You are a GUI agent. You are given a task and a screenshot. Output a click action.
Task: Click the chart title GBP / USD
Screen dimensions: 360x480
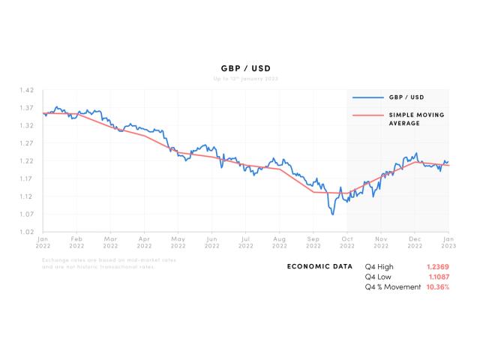(240, 67)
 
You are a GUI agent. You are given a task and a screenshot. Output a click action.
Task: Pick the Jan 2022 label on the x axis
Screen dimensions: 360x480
(43, 241)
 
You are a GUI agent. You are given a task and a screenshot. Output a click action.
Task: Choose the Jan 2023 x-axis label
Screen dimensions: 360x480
(448, 241)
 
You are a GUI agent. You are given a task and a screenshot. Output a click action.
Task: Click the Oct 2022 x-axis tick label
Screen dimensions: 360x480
(346, 241)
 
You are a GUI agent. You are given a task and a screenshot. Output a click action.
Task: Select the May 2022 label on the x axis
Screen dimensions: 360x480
(178, 241)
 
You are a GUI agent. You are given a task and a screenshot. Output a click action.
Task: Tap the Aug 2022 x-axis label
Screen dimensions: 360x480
(279, 241)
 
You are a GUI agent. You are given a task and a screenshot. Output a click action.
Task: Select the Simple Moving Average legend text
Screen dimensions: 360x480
(415, 118)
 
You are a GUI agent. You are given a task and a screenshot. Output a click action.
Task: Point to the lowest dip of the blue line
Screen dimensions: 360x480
(332, 214)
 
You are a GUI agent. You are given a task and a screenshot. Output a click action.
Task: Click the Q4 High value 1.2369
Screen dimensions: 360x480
(439, 266)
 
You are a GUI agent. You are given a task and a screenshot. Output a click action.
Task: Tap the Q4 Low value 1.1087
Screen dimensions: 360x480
(439, 277)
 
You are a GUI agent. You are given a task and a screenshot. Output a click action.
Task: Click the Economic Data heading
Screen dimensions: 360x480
(319, 266)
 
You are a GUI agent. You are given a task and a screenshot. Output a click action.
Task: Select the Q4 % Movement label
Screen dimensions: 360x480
(393, 287)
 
